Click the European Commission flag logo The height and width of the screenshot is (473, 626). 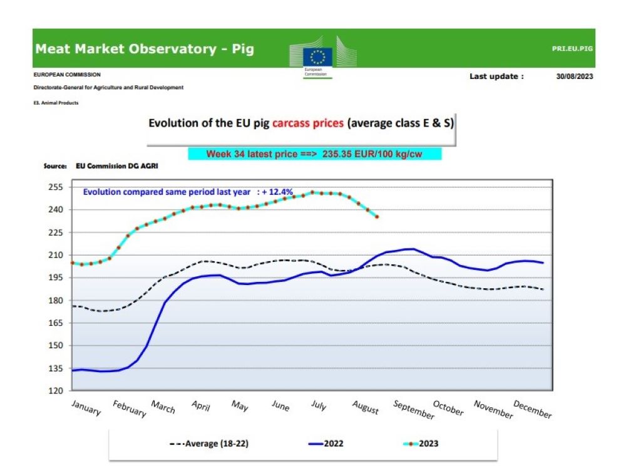(317, 56)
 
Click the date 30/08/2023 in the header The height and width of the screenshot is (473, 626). (574, 76)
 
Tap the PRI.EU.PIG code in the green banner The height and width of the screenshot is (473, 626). (572, 48)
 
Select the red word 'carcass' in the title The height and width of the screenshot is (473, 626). (308, 123)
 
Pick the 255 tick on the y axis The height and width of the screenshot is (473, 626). (56, 187)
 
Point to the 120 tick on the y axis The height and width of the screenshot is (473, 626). (56, 391)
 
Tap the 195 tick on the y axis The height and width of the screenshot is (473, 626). (56, 278)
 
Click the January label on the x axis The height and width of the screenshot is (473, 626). (86, 407)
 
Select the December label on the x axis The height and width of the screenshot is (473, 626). (533, 409)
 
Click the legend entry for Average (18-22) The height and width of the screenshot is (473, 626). (212, 444)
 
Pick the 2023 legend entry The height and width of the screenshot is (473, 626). (428, 444)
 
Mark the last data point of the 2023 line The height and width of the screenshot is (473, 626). (377, 217)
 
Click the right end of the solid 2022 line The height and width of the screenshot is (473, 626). (543, 263)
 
